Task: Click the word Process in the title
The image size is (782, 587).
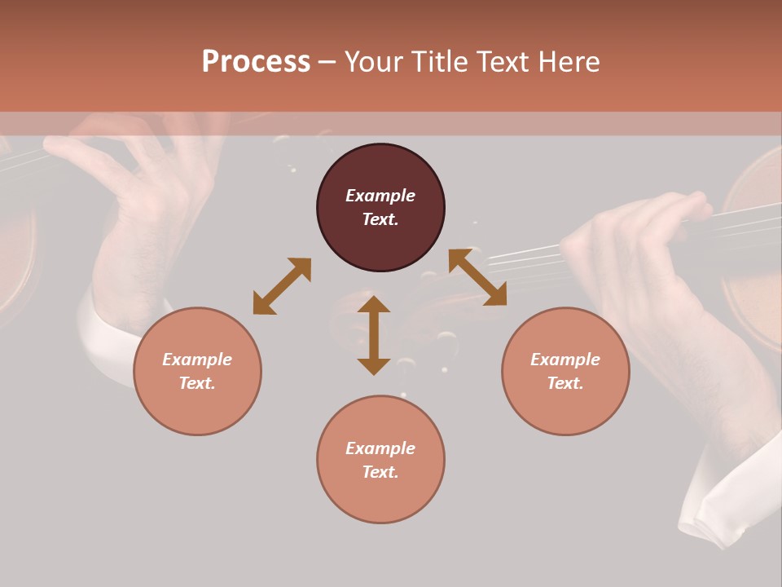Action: tap(256, 62)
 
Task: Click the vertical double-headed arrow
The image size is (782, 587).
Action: tap(374, 335)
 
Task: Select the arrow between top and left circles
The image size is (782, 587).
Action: tap(282, 286)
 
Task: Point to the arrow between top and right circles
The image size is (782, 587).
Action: tap(477, 277)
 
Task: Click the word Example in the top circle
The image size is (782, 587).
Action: tap(380, 196)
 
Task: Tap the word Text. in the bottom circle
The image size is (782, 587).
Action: tap(380, 472)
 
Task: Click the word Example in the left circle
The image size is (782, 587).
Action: tap(197, 360)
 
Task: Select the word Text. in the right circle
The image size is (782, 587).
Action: tap(565, 383)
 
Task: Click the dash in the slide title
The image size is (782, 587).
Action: tap(327, 62)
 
